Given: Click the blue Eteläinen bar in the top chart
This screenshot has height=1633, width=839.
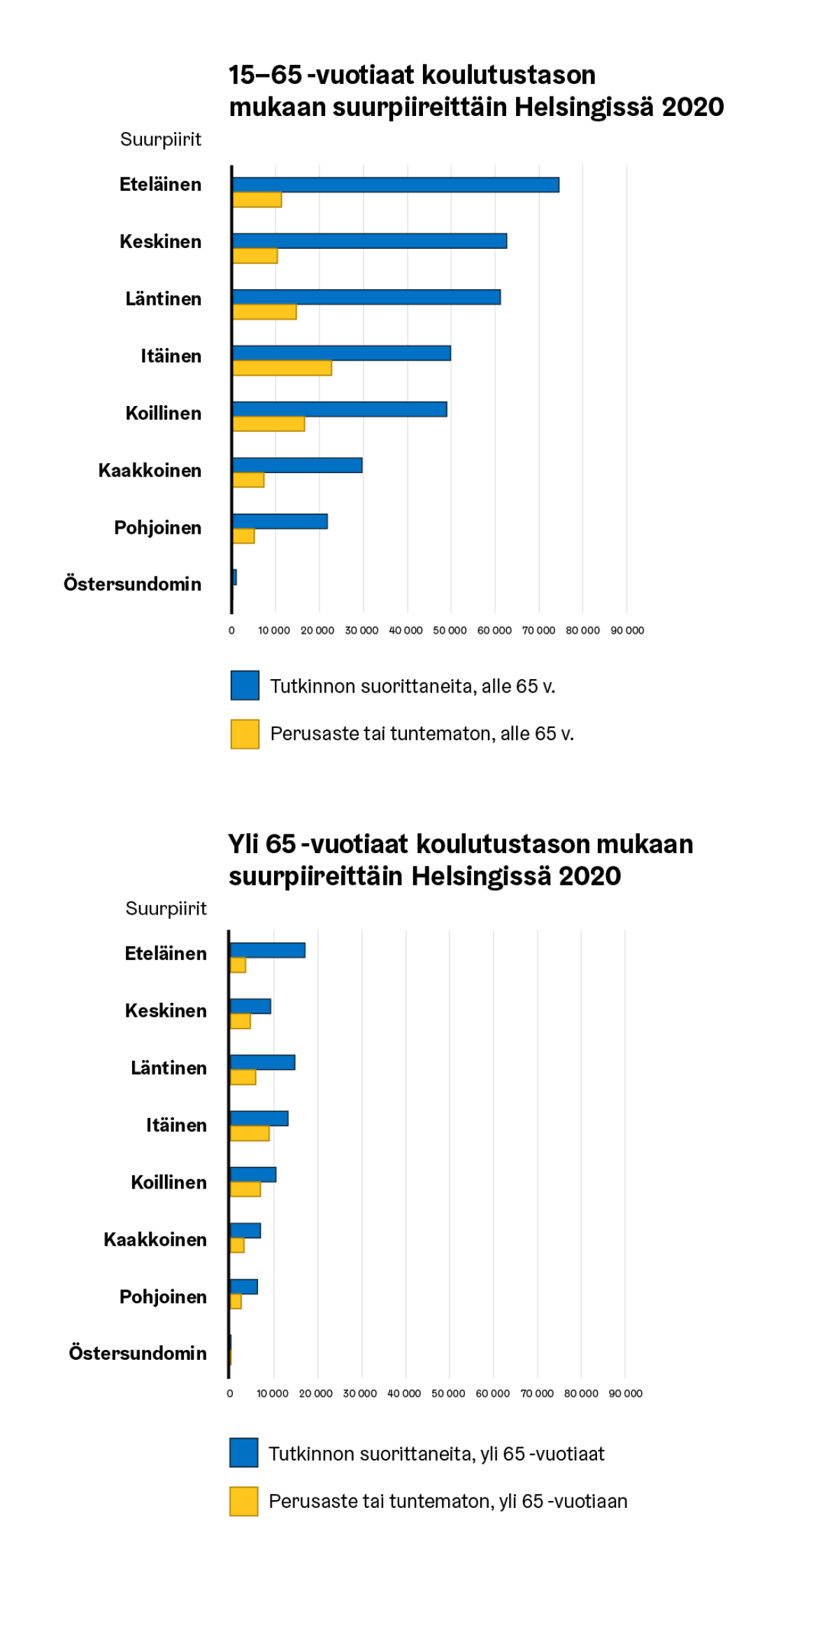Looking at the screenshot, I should click(396, 184).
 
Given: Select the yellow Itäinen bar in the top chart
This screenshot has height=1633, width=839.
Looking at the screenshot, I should click(282, 368).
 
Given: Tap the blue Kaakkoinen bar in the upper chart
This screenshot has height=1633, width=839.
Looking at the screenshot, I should click(297, 465).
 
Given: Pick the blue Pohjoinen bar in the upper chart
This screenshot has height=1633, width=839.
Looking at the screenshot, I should click(280, 521).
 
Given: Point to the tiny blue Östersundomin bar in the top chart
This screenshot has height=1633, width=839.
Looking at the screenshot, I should click(235, 577).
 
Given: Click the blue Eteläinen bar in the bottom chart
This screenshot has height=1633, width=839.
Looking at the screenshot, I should click(268, 950).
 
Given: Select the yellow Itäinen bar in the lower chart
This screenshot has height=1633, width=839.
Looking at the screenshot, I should click(250, 1133).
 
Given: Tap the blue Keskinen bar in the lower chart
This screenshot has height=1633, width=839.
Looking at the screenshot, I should click(250, 1006).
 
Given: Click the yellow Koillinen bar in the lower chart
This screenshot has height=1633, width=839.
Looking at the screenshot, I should click(245, 1189).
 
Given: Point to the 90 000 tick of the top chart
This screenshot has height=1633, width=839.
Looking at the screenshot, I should click(627, 630).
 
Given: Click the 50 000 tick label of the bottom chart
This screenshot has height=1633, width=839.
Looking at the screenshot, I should click(448, 1393).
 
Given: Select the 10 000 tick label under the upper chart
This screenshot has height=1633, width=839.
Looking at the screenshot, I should click(274, 630).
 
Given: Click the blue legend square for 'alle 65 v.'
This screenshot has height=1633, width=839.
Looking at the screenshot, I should click(245, 685).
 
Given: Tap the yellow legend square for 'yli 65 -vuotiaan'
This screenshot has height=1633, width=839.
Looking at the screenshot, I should click(244, 1501).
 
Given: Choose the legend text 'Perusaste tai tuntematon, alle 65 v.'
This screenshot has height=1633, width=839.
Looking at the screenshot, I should click(422, 734).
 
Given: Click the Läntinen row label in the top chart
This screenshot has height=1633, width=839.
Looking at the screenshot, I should click(164, 299).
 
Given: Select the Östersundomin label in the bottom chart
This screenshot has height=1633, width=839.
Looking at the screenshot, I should click(138, 1353).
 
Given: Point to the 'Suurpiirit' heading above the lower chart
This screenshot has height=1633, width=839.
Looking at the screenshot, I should click(166, 908).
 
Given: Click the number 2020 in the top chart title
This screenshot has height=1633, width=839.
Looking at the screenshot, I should click(692, 107).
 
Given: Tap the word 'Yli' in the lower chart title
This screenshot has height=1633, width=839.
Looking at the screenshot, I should click(244, 844).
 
